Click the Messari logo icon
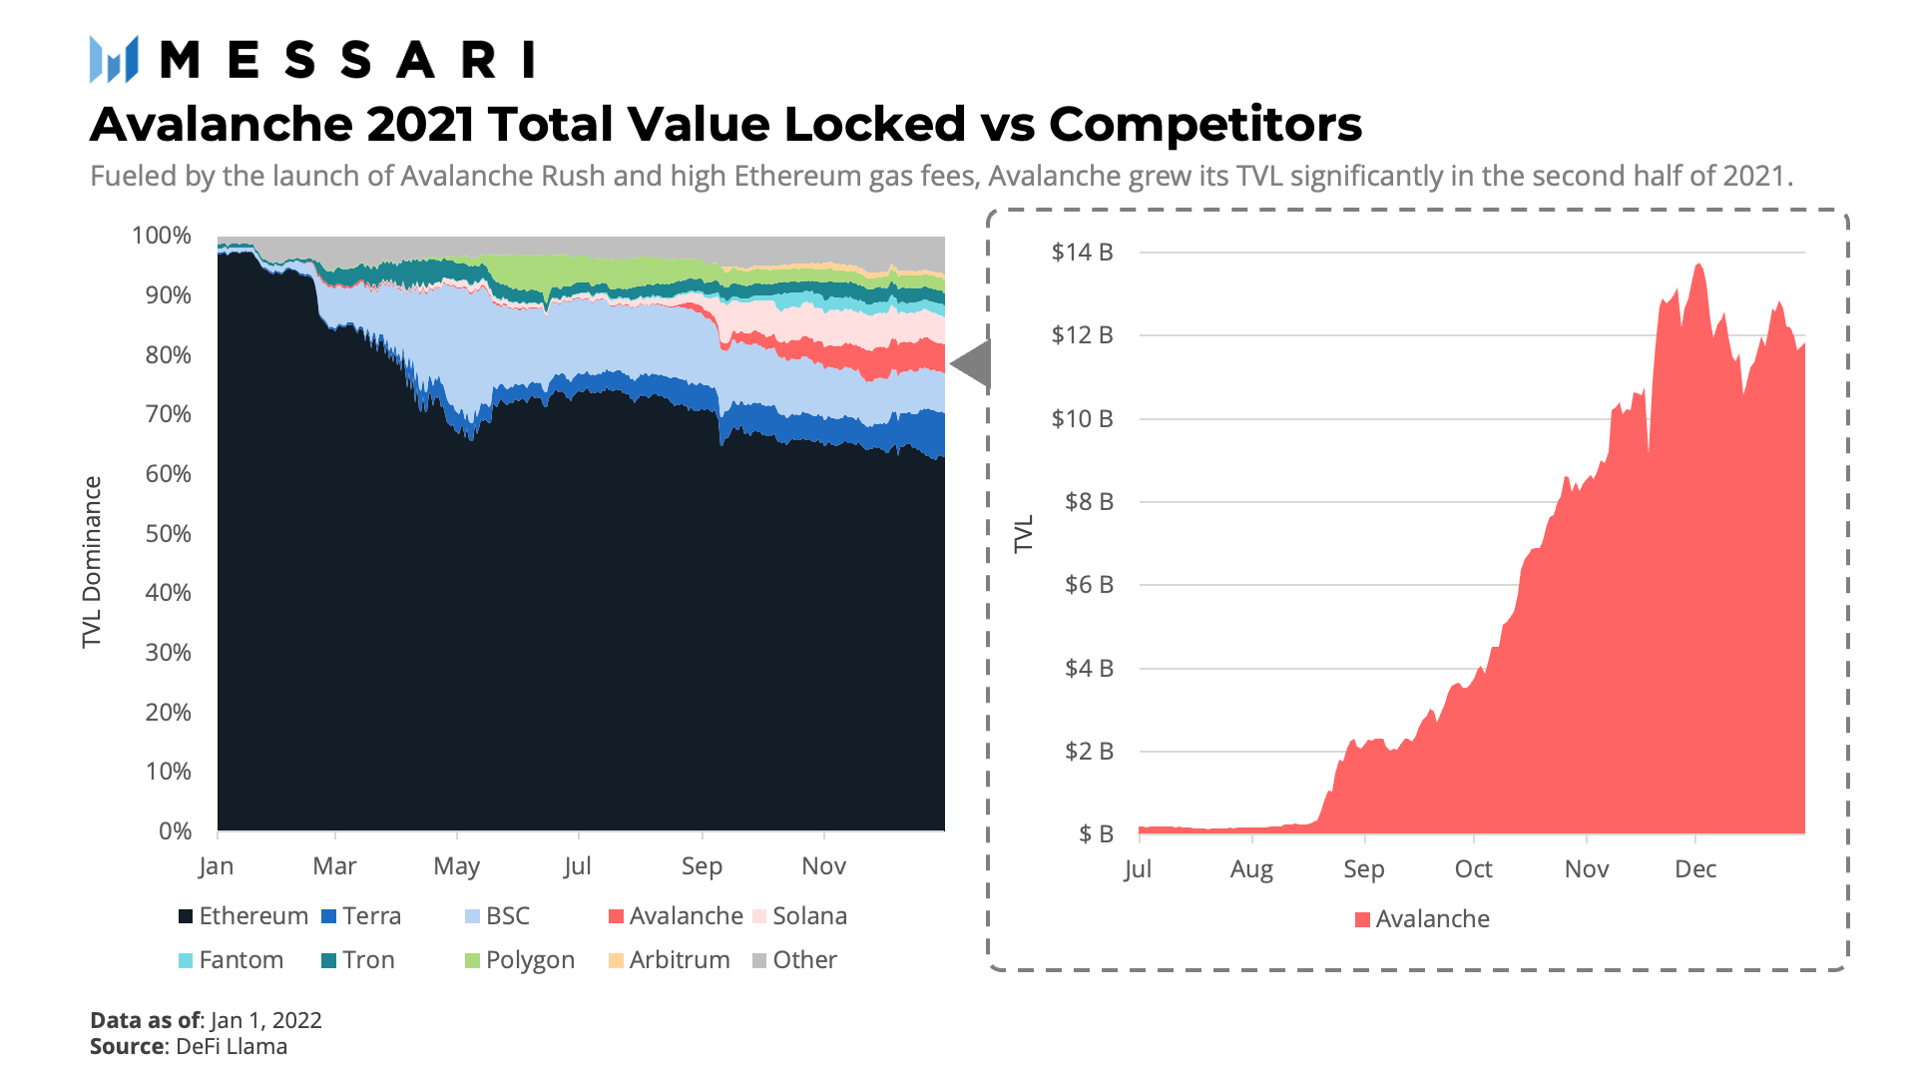click(113, 59)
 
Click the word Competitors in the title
click(1204, 125)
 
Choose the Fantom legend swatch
click(186, 961)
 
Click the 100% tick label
click(162, 236)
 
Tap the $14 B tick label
click(1082, 253)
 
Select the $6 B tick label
click(1089, 585)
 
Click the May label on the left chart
click(456, 866)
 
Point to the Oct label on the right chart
click(1473, 869)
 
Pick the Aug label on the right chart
click(1251, 869)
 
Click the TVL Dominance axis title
click(92, 562)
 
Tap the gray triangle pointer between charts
click(972, 364)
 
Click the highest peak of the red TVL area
click(1698, 266)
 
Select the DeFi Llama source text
click(232, 1046)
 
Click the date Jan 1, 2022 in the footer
click(266, 1020)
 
